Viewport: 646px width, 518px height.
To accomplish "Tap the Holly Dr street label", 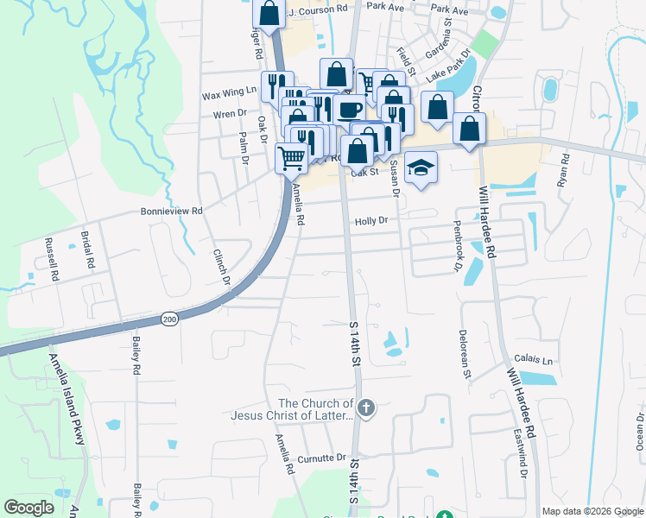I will [x=371, y=222].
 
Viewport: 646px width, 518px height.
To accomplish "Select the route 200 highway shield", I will [x=168, y=320].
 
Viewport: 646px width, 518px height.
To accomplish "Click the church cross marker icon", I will [x=366, y=407].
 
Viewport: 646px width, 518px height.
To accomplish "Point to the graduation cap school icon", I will [x=421, y=167].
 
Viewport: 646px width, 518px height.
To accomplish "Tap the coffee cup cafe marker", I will [x=351, y=109].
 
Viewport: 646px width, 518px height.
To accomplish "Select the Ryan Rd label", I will [x=566, y=170].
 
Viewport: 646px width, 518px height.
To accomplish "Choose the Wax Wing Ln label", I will [x=229, y=91].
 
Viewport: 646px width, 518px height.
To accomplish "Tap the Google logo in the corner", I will [x=29, y=507].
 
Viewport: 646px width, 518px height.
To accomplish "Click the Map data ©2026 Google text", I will [x=592, y=511].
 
